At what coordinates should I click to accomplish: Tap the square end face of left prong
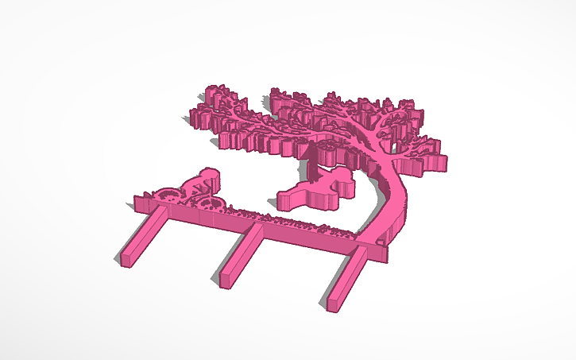pos(126,259)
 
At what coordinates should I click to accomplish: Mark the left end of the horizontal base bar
pos(140,206)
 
